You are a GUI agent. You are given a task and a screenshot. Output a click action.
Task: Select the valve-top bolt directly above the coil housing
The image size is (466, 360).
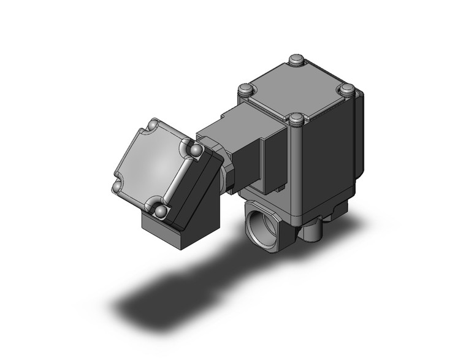[x=246, y=90]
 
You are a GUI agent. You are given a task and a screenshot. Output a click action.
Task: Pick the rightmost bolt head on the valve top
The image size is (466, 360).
[x=348, y=90]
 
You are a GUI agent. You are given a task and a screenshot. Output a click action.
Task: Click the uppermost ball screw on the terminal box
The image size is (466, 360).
[x=151, y=128]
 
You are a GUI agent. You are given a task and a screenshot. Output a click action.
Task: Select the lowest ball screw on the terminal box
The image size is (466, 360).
[x=161, y=211]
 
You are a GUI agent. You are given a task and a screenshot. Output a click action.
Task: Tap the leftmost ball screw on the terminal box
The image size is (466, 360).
[x=116, y=187]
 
